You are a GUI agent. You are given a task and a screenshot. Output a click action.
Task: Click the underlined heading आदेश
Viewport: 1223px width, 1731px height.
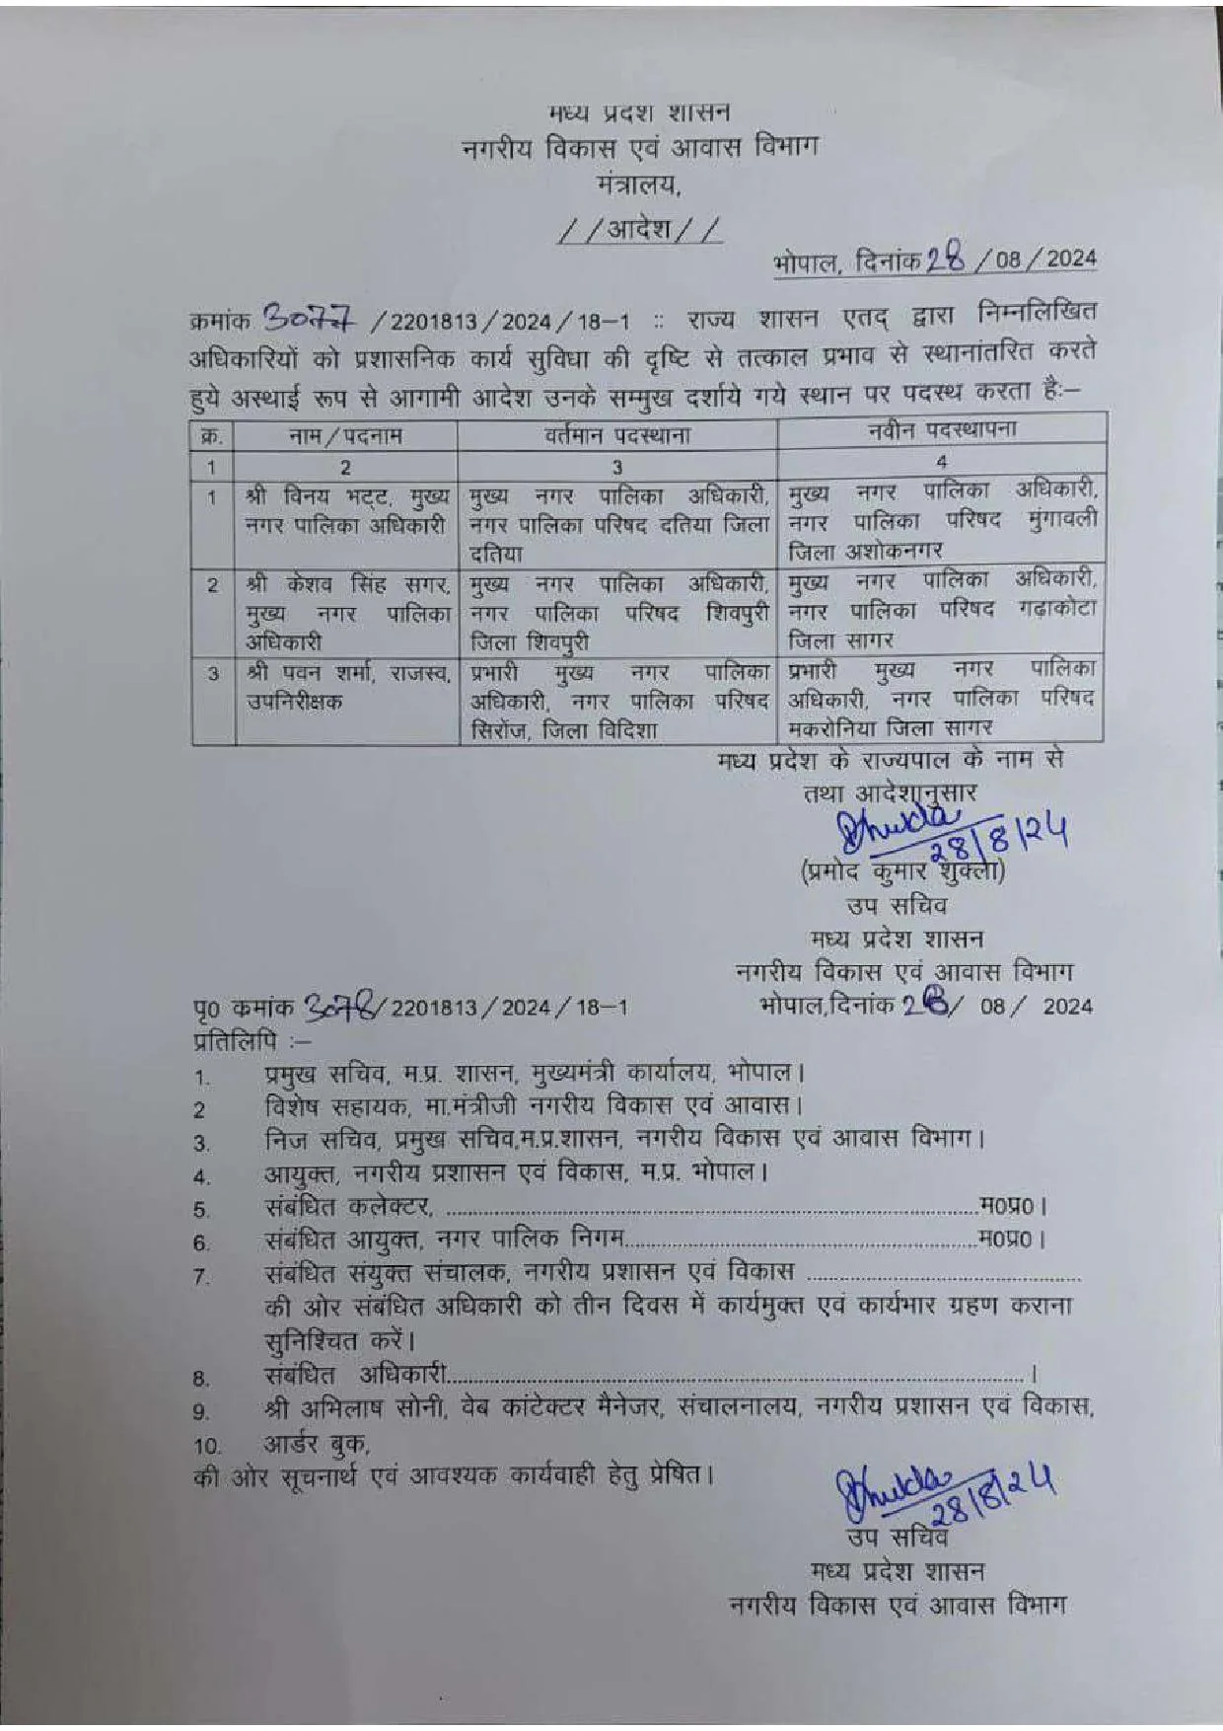[x=638, y=230]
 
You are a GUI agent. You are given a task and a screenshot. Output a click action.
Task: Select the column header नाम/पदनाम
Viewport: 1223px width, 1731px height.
[x=345, y=435]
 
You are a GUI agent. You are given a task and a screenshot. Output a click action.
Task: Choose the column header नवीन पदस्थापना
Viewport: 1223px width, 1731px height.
[x=942, y=430]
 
